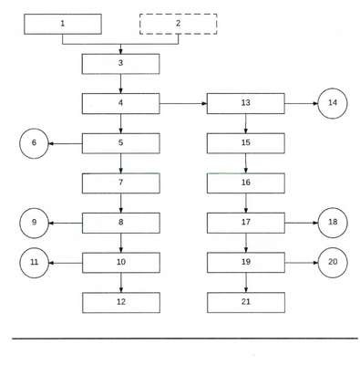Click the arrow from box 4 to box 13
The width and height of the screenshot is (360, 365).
[x=183, y=103]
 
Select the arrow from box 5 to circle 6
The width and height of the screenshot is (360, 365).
[x=66, y=143]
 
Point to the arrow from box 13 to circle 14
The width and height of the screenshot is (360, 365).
[x=301, y=103]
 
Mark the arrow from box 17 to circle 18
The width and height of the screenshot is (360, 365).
[x=302, y=223]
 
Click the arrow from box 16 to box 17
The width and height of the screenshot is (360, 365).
[x=246, y=203]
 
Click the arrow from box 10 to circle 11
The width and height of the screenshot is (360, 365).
[x=66, y=263]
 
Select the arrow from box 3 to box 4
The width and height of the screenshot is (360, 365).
[x=120, y=84]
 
